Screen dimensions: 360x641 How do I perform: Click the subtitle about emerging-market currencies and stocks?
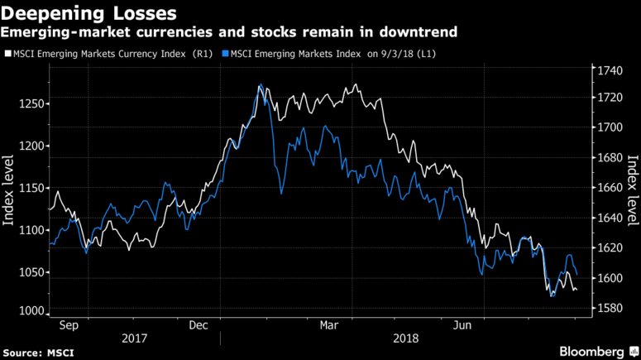pyautogui.click(x=231, y=32)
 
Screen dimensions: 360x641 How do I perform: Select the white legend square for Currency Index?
pyautogui.click(x=7, y=55)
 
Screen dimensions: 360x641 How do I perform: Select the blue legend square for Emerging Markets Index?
pyautogui.click(x=224, y=55)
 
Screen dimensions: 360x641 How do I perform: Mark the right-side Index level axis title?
pyautogui.click(x=632, y=190)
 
